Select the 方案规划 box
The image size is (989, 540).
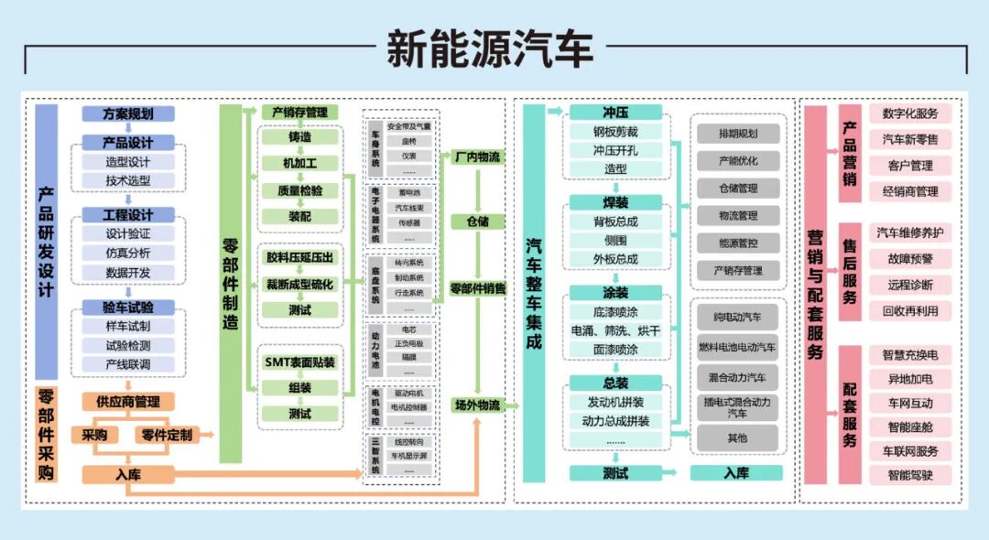click(x=128, y=114)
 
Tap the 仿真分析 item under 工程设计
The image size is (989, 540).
click(x=128, y=253)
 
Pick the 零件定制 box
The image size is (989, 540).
click(x=167, y=435)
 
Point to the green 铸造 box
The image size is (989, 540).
click(x=299, y=137)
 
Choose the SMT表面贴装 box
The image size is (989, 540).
click(x=299, y=362)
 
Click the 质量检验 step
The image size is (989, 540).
click(x=299, y=190)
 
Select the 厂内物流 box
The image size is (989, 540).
click(x=477, y=157)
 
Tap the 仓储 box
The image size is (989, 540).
click(x=477, y=221)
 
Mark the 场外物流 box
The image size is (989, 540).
click(x=477, y=405)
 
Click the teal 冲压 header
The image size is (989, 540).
click(x=615, y=113)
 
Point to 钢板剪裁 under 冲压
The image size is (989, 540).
click(x=615, y=132)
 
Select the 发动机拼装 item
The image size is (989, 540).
click(x=615, y=402)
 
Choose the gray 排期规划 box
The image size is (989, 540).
click(x=738, y=134)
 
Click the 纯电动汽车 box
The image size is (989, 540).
click(x=738, y=318)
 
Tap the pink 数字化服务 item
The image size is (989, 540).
click(x=910, y=114)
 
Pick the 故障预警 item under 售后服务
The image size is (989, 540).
click(x=910, y=259)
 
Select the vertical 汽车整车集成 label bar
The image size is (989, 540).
click(x=533, y=293)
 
